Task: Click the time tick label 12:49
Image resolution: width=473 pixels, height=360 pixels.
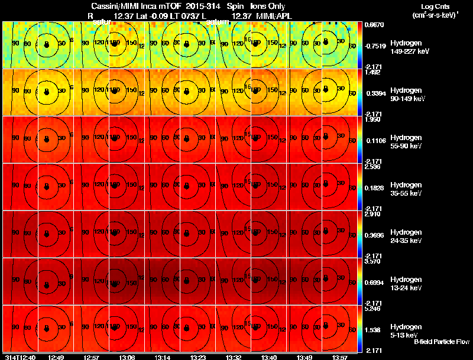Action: [x=56, y=357]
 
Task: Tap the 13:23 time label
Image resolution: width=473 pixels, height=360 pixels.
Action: [x=198, y=357]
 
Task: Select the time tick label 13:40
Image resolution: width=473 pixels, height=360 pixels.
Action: [x=268, y=357]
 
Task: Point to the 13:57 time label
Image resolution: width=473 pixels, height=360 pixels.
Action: [x=338, y=357]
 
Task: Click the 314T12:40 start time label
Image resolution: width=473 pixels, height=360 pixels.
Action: [x=20, y=357]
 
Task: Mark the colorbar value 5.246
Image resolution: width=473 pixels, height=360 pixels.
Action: [x=372, y=309]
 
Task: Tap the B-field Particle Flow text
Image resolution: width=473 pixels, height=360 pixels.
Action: [x=441, y=342]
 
